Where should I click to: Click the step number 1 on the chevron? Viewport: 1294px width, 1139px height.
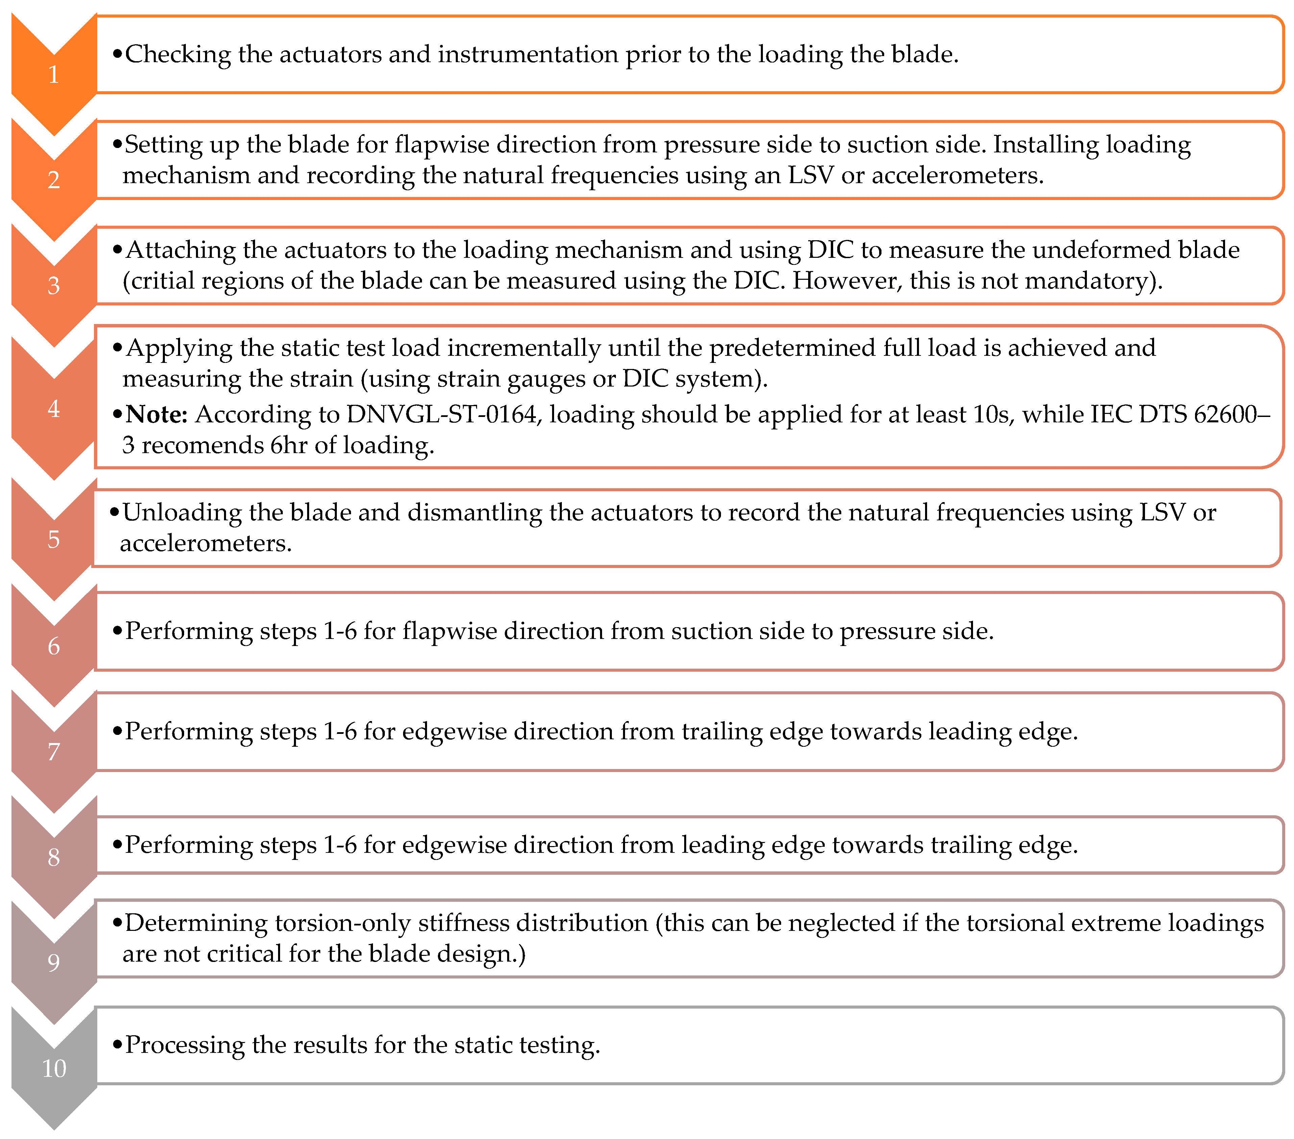click(54, 75)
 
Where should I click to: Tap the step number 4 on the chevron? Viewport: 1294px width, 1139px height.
click(54, 409)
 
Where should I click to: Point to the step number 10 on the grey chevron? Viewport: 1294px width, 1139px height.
click(54, 1069)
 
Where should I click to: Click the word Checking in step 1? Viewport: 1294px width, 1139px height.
click(178, 54)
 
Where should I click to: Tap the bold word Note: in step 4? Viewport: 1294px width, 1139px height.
click(156, 415)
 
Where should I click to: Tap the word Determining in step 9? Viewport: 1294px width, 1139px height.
click(196, 924)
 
